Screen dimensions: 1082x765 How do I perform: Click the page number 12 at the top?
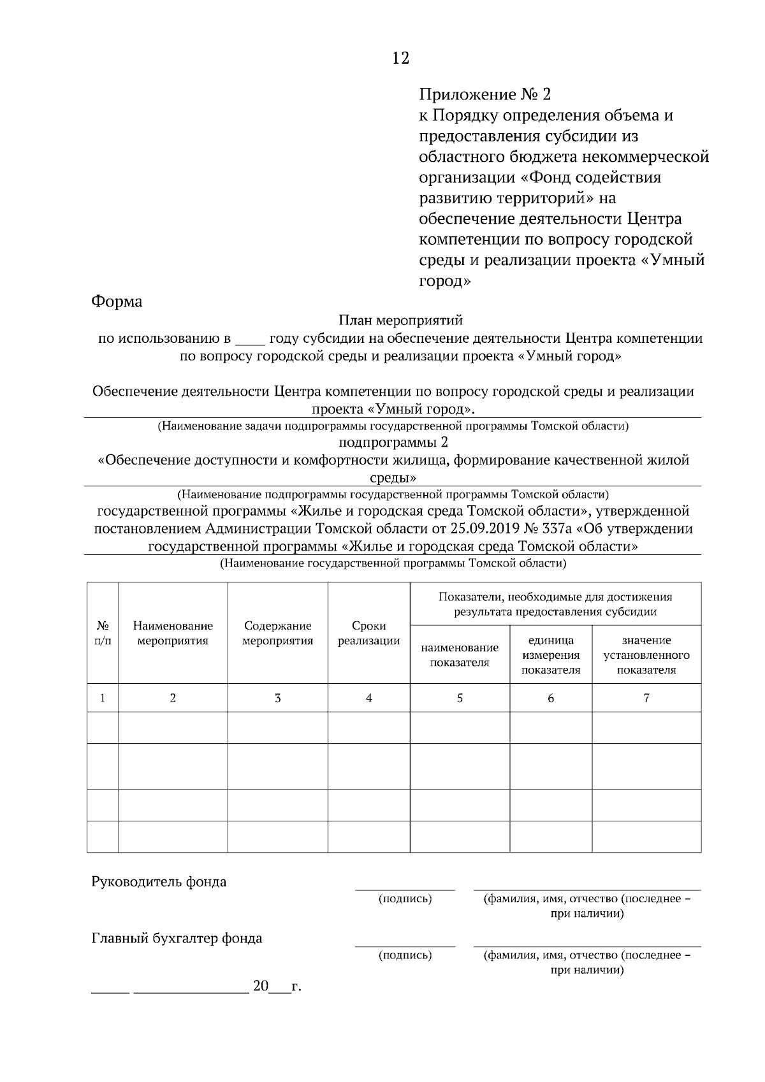(400, 58)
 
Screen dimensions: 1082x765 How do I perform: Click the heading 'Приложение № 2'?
(484, 95)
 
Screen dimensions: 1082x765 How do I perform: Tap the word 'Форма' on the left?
(117, 301)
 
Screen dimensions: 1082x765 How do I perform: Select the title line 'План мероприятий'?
(400, 321)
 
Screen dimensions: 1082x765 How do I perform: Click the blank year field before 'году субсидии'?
(249, 339)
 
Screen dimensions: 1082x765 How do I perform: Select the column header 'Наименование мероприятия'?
(173, 633)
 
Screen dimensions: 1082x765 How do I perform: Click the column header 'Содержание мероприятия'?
(277, 633)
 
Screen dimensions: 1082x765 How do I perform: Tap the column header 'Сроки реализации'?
(368, 633)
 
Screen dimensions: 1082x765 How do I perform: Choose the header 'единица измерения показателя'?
(551, 654)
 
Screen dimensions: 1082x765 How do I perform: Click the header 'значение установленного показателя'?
(646, 654)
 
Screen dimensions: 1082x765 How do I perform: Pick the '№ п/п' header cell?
(103, 633)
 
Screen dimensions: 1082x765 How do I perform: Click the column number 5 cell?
(460, 698)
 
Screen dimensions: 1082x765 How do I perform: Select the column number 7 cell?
(646, 698)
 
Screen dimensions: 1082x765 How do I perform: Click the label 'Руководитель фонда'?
(159, 882)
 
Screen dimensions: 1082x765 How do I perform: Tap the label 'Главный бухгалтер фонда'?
(177, 938)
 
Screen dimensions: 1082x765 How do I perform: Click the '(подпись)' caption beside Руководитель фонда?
(405, 899)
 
